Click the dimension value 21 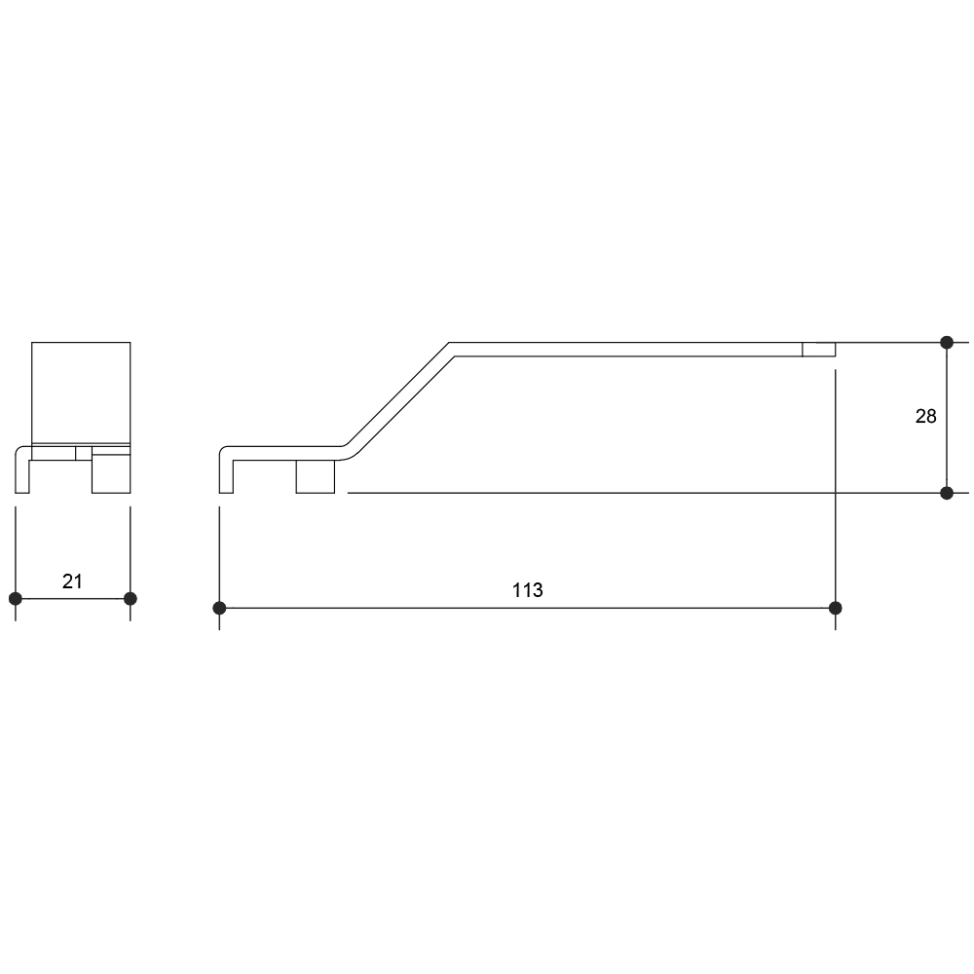72,581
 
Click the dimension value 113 527,590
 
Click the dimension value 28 925,416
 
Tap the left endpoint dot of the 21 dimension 16,599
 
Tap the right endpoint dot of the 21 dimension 130,599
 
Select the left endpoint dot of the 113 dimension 219,608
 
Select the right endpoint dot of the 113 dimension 836,608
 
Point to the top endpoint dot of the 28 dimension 947,342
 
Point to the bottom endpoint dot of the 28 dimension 947,493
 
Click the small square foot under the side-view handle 316,476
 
